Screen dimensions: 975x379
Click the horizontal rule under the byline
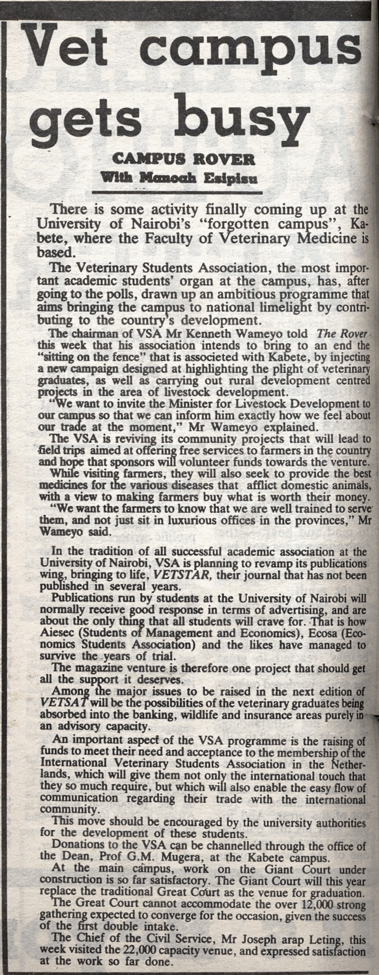tap(184, 192)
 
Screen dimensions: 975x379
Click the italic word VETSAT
tap(64, 702)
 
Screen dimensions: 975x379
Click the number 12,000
tap(305, 903)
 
